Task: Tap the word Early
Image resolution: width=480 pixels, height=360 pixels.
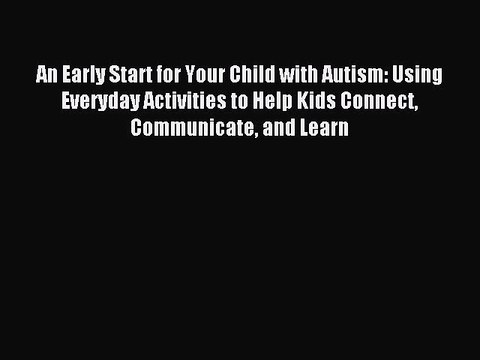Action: pos(83,75)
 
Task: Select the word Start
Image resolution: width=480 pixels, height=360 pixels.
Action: pos(133,75)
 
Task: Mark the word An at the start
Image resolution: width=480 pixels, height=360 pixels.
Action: pos(45,75)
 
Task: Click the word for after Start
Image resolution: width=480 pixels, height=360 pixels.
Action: pos(171,75)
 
